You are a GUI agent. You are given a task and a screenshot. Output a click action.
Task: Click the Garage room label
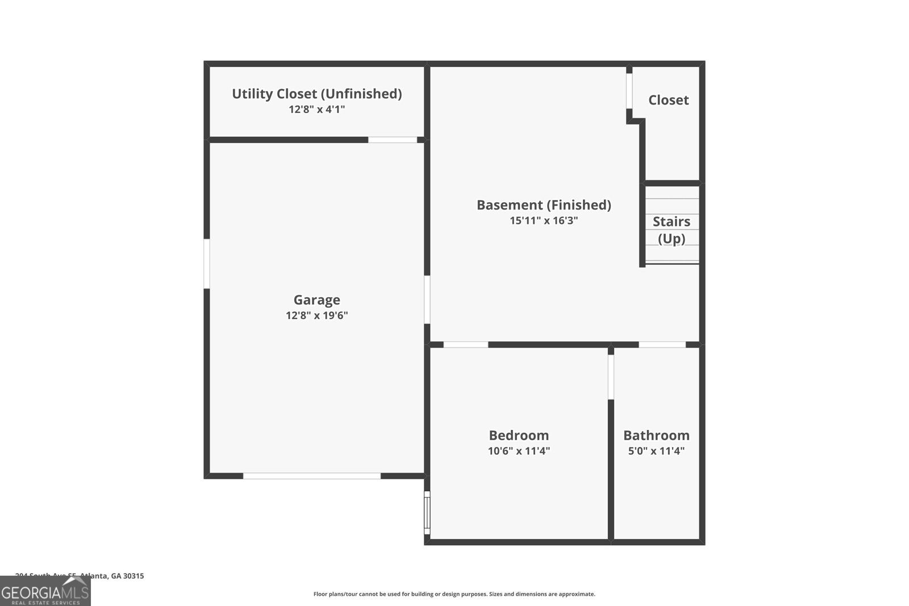(316, 300)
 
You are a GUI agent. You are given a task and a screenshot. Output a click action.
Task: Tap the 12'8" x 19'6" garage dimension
(316, 316)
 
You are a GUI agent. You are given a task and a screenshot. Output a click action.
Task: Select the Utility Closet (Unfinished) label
(316, 94)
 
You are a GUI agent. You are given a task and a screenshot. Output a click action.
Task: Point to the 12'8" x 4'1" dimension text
(316, 109)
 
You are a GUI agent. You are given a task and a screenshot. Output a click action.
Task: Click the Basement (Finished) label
(544, 205)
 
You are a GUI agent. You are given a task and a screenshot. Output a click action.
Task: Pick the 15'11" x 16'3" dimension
(544, 220)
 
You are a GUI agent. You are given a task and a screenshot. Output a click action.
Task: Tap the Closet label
(668, 100)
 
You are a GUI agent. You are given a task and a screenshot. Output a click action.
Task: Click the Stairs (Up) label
(671, 230)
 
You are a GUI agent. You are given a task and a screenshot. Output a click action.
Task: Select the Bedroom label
(519, 436)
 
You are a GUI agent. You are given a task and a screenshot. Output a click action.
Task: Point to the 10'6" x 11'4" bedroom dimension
(519, 451)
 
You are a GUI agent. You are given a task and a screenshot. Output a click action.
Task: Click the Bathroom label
(656, 436)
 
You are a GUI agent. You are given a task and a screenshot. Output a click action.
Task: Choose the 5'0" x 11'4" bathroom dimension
(656, 451)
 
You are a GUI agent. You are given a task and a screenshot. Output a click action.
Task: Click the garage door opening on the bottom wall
(312, 476)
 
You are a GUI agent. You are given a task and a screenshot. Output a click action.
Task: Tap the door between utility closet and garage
(393, 140)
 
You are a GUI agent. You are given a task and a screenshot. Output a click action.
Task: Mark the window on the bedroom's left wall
(427, 513)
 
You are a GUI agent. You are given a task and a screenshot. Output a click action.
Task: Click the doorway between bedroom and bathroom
(611, 377)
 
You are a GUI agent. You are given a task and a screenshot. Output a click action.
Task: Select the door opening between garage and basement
(427, 299)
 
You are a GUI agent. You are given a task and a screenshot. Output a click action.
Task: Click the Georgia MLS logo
(45, 591)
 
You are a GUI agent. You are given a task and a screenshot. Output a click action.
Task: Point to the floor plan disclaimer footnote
(454, 594)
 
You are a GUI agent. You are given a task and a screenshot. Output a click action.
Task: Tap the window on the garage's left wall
(207, 264)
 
